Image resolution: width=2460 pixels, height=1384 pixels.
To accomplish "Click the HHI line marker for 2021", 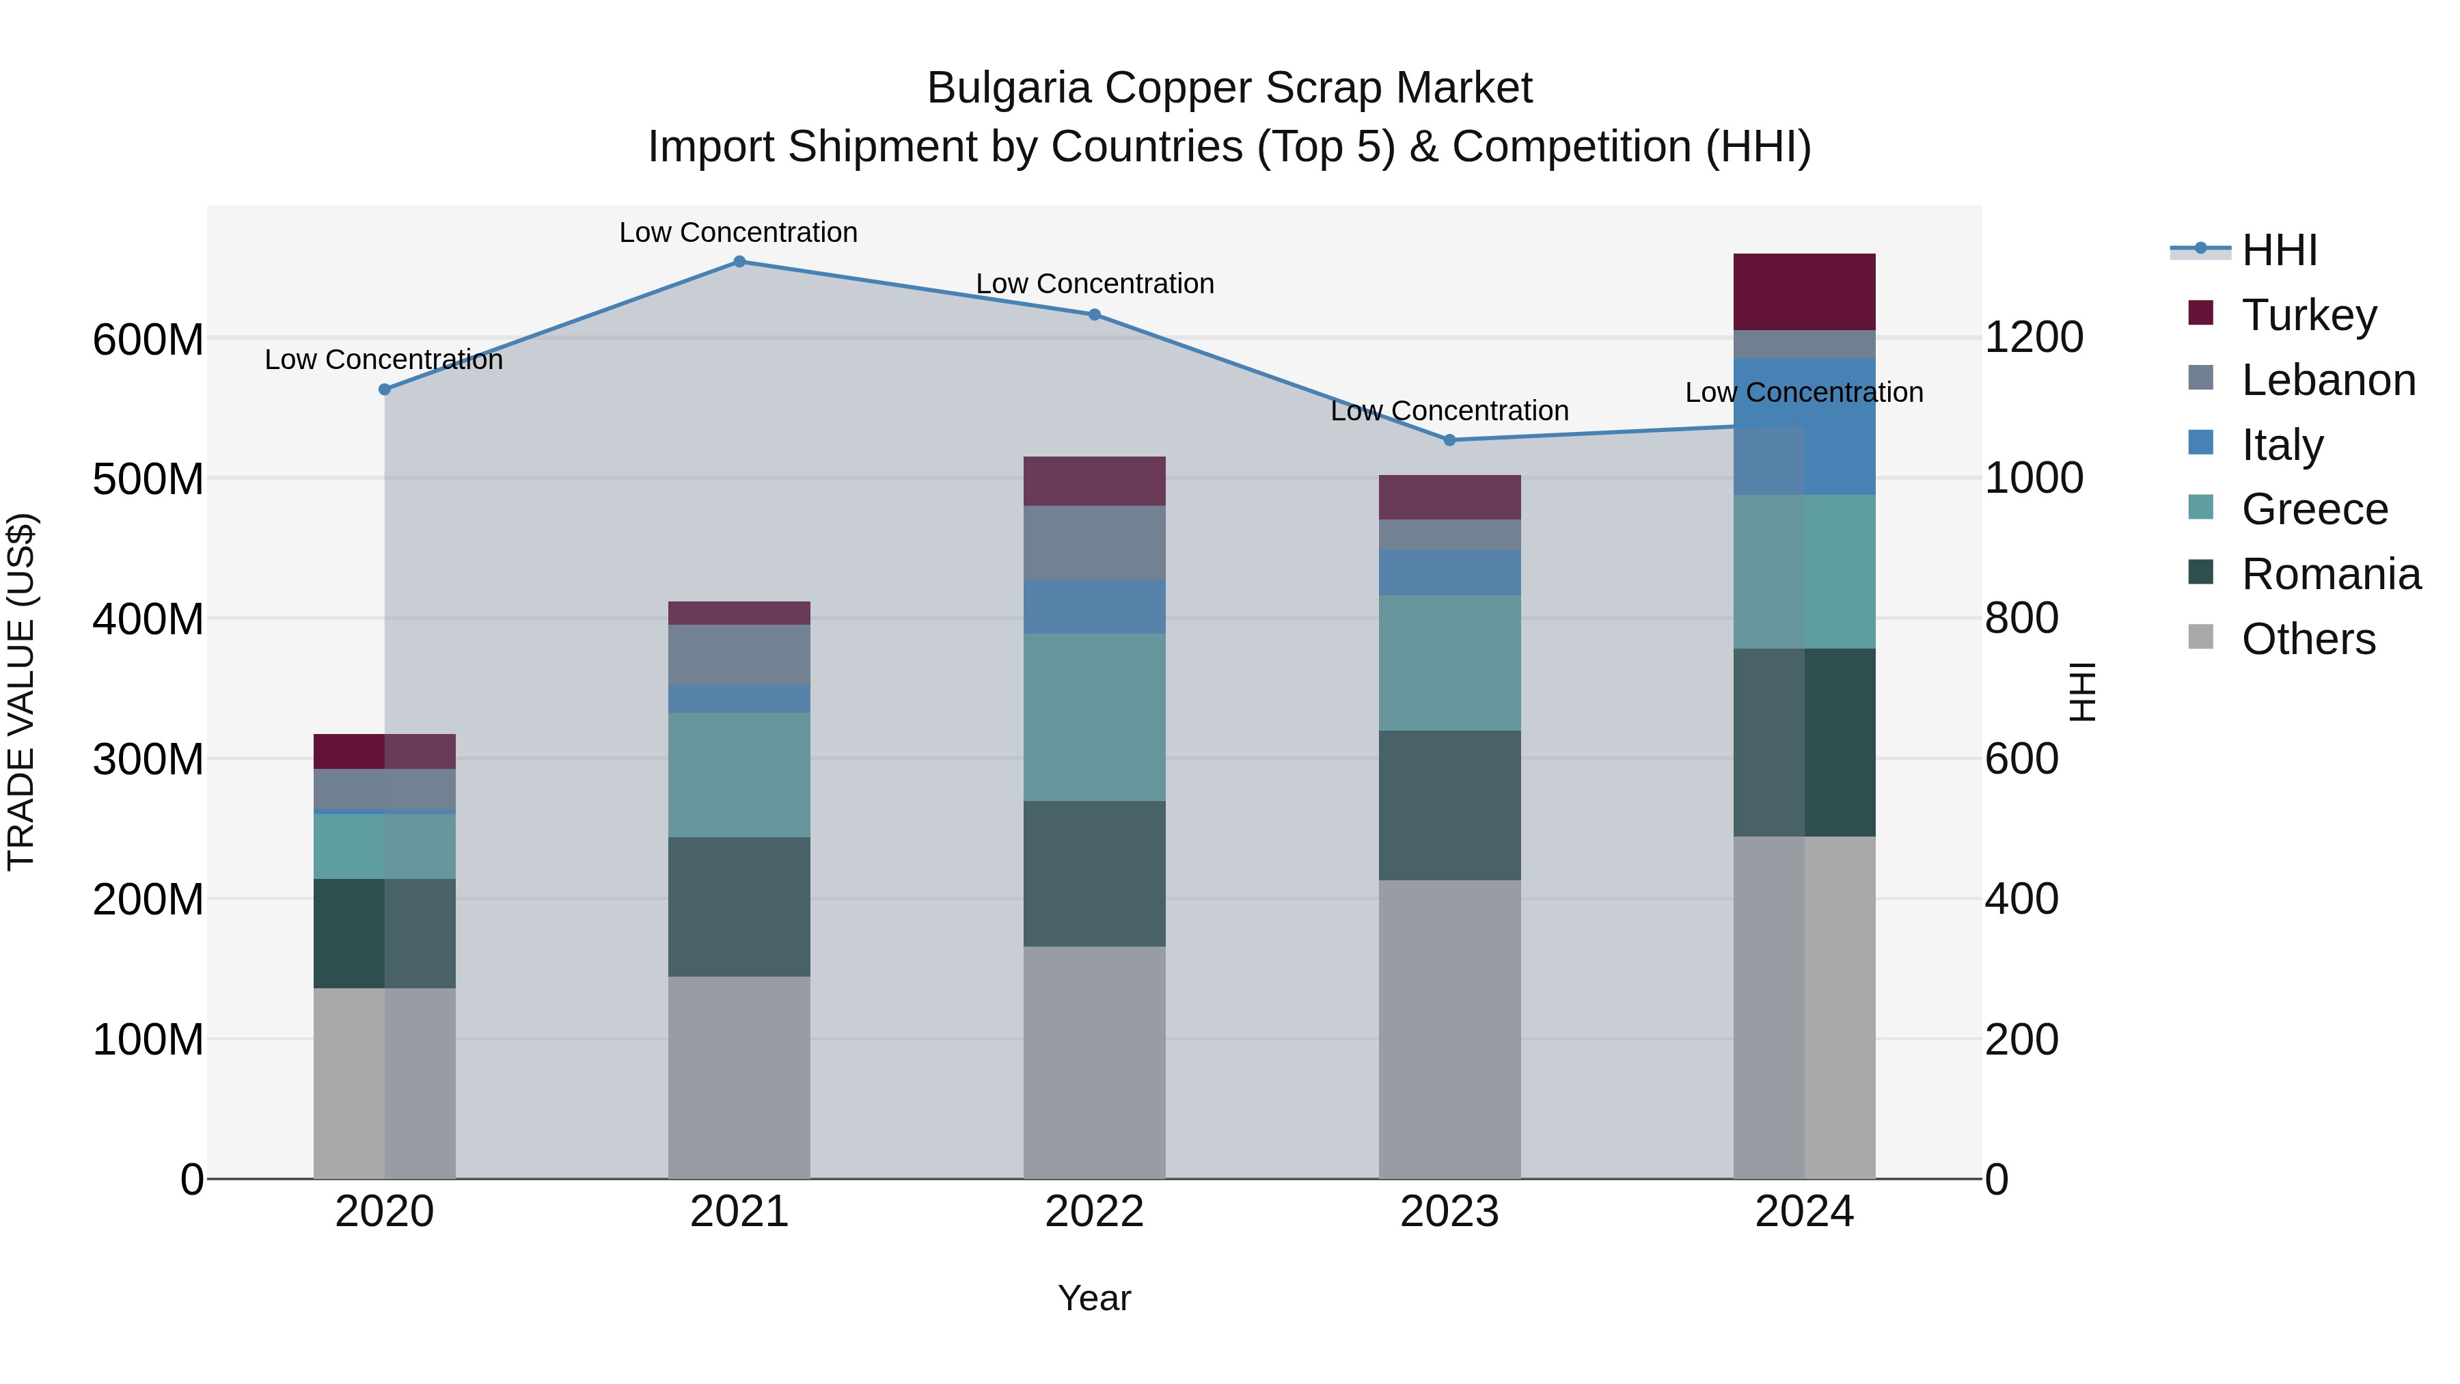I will tap(739, 262).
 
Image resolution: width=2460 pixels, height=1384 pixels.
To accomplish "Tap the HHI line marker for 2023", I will tap(1449, 440).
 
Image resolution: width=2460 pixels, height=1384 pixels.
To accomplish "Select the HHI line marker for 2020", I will tap(385, 390).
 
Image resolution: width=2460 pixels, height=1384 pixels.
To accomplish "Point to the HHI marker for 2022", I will tap(1095, 314).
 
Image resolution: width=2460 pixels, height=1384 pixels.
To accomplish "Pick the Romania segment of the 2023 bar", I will tap(1449, 805).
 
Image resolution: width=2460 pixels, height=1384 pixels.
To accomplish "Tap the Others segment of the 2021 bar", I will tap(739, 1076).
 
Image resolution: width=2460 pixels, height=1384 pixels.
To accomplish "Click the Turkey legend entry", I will tap(2308, 315).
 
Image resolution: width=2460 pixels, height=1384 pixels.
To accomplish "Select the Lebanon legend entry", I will tap(2327, 380).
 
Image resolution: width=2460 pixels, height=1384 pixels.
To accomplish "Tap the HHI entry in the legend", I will tap(2278, 250).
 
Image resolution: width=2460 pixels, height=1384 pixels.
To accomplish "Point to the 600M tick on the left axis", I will tap(148, 339).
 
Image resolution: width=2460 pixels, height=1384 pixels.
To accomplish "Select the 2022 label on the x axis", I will tap(1095, 1212).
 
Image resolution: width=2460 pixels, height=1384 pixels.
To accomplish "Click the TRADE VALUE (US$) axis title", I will tap(21, 692).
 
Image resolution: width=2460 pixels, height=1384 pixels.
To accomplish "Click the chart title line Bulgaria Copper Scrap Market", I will tap(1229, 88).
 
